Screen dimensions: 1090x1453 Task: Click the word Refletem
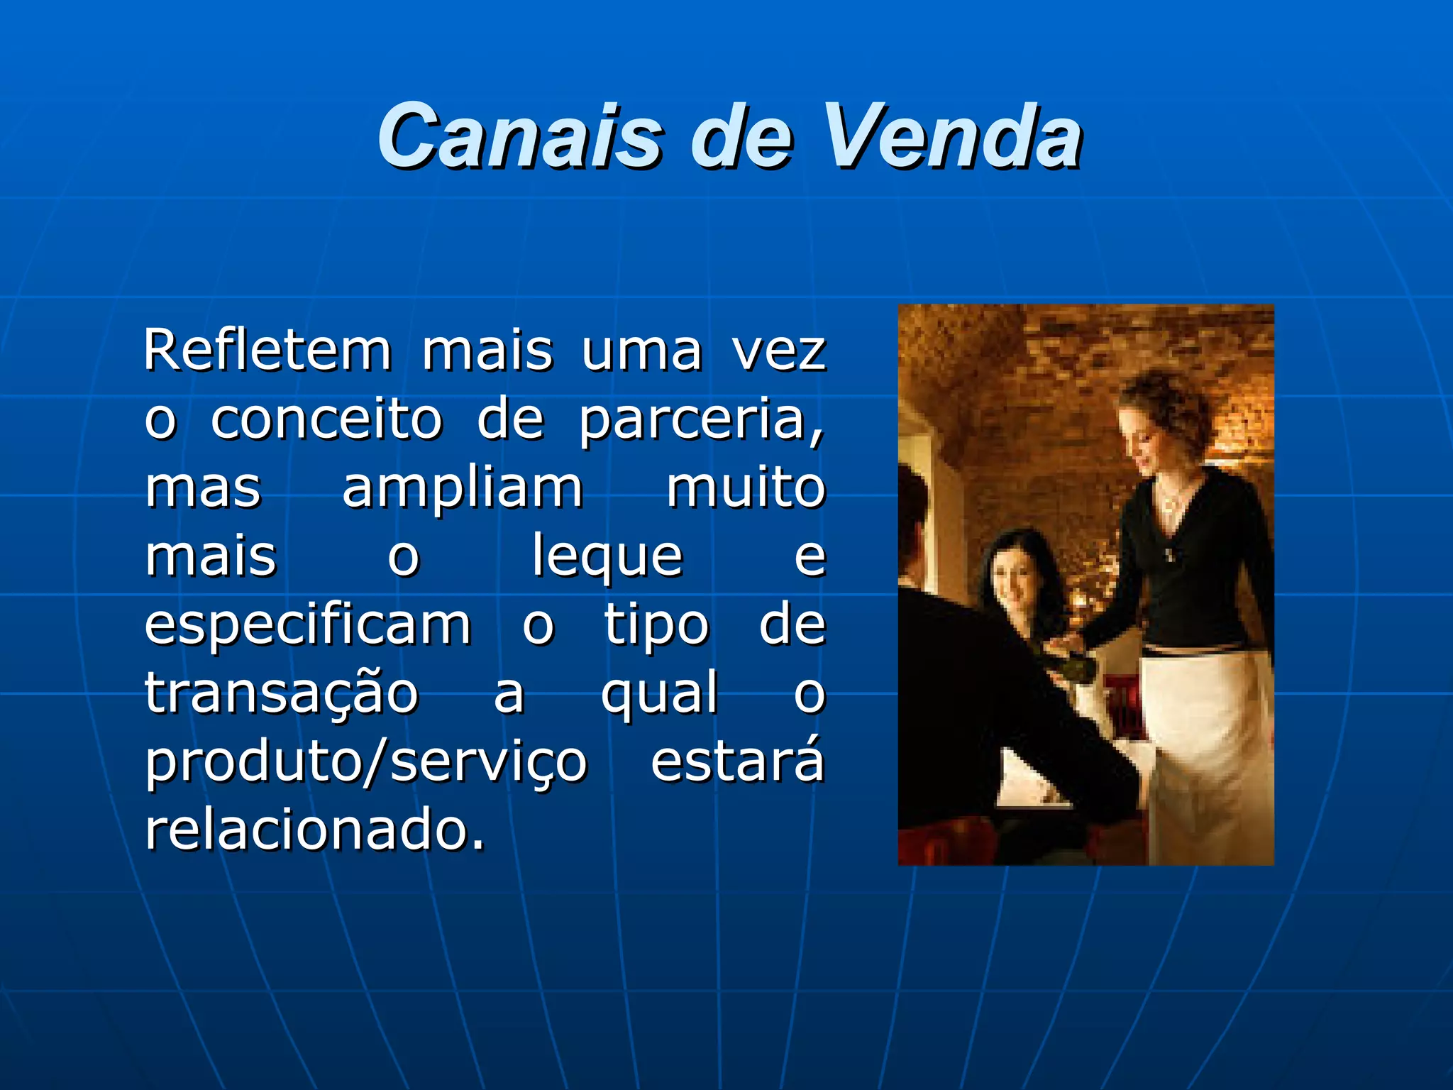(267, 350)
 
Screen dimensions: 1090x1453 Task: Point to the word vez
(779, 351)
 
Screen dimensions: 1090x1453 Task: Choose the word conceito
(327, 419)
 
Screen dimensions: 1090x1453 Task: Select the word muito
(746, 488)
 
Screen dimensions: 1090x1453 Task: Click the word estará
(738, 761)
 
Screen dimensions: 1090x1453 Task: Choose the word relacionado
(315, 829)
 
